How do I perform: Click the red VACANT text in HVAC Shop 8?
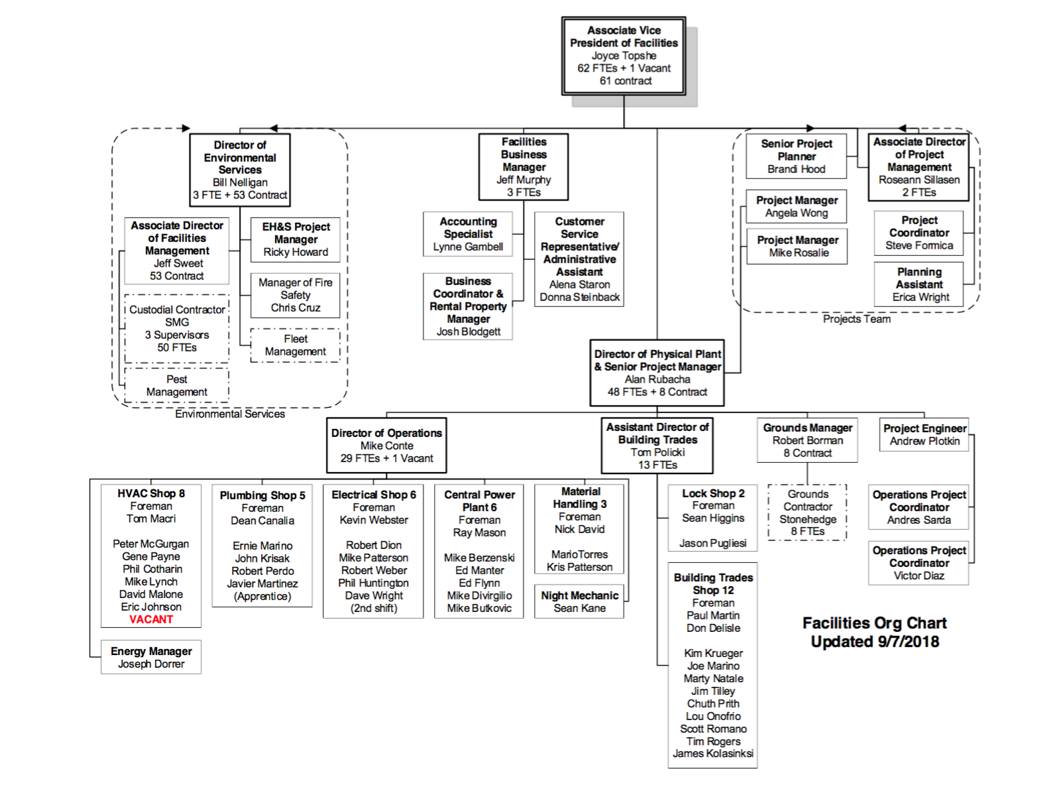(x=151, y=619)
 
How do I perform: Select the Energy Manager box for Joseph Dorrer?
(x=151, y=657)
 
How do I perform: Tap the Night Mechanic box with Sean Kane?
(x=579, y=602)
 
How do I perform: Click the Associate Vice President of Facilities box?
(x=624, y=56)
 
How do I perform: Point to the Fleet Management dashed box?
(x=295, y=345)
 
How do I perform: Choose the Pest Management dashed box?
(x=176, y=385)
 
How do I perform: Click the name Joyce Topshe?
(x=624, y=56)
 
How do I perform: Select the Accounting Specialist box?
(x=468, y=234)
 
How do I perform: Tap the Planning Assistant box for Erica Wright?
(x=919, y=284)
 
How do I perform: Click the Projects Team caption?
(x=856, y=319)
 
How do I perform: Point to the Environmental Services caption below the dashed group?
(x=230, y=414)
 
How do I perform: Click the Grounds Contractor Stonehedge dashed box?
(x=807, y=513)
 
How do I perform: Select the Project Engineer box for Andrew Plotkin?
(x=924, y=435)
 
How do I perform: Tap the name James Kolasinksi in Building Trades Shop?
(x=713, y=753)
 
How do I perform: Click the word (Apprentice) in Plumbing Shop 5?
(x=262, y=596)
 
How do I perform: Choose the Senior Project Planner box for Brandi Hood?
(x=796, y=156)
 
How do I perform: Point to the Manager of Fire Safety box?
(x=295, y=295)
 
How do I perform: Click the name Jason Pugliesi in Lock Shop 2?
(x=713, y=543)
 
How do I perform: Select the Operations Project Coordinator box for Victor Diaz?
(x=919, y=563)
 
